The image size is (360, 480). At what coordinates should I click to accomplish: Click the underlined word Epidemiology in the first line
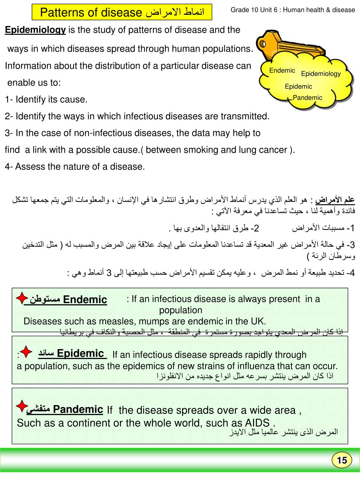click(35, 30)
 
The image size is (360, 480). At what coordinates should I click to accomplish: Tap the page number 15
click(342, 460)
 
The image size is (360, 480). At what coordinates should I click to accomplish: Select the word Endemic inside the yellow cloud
click(282, 70)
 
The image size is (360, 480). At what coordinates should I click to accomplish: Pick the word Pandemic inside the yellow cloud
click(308, 98)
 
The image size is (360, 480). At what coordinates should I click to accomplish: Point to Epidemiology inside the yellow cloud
click(321, 74)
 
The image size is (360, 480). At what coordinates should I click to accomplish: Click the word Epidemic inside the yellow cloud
click(298, 87)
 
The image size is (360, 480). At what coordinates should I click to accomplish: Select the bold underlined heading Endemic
click(85, 300)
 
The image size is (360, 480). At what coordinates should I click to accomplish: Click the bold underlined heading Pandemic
click(78, 409)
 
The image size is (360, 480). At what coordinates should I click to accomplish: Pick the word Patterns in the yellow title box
click(60, 13)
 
